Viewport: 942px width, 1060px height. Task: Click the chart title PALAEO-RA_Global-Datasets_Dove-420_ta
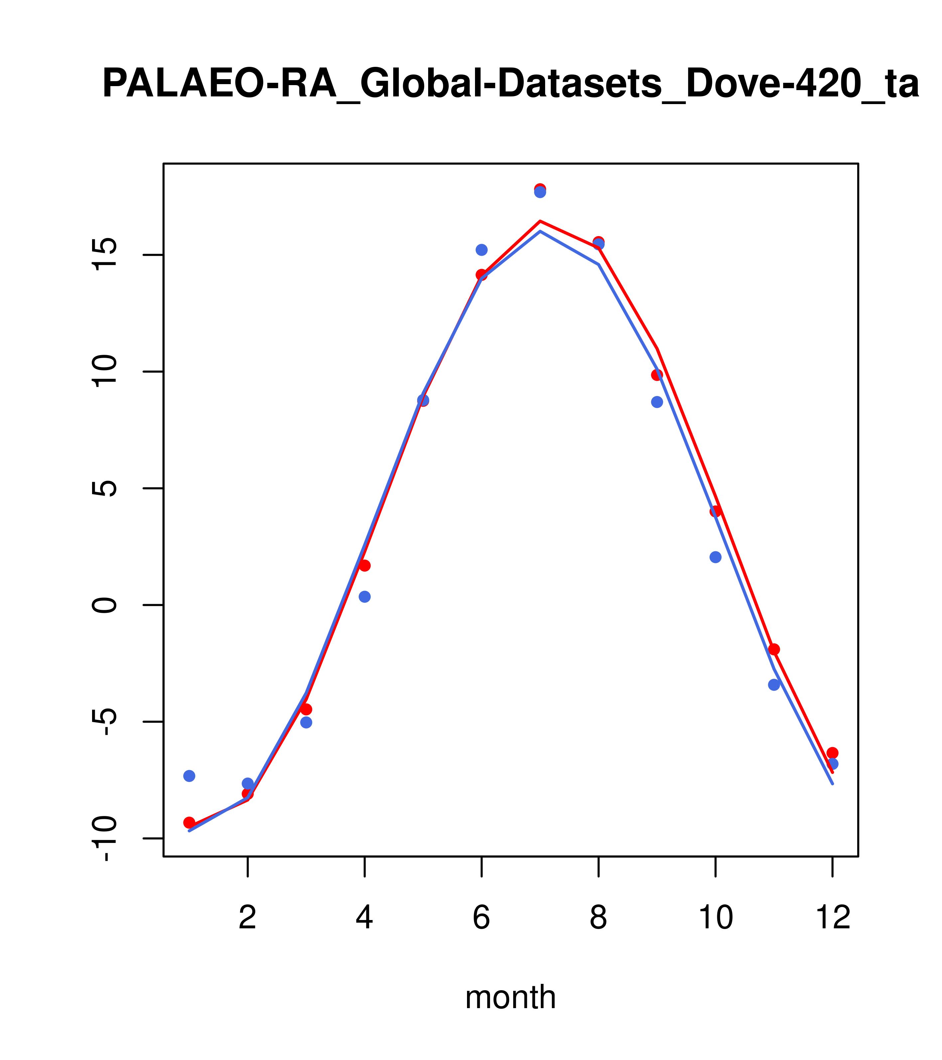point(510,84)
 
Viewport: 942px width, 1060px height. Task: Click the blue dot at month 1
point(189,776)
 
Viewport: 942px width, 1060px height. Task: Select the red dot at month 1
point(189,823)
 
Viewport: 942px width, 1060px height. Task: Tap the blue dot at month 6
point(482,250)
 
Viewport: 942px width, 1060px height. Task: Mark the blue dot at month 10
point(715,557)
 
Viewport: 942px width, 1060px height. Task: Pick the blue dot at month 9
point(657,402)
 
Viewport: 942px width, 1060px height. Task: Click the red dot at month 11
point(774,649)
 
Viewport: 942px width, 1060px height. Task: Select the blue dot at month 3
point(306,723)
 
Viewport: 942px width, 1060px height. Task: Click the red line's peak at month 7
point(540,221)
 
